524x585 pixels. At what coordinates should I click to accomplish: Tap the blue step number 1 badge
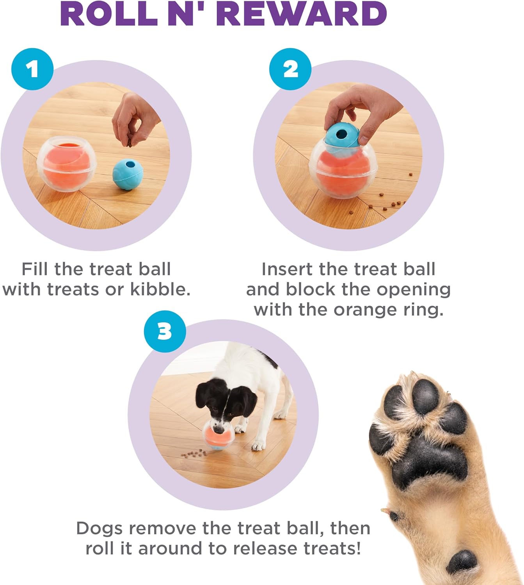pyautogui.click(x=32, y=69)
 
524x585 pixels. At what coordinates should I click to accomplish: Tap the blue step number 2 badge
pyautogui.click(x=290, y=69)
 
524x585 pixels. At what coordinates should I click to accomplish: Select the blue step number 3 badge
pyautogui.click(x=165, y=331)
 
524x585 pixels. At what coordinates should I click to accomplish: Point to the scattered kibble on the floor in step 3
pyautogui.click(x=195, y=453)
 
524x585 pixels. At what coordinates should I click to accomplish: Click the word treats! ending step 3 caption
pyautogui.click(x=332, y=549)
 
